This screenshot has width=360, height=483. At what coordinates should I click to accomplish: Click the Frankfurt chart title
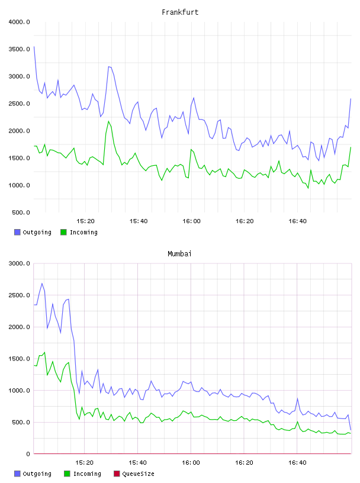tap(180, 12)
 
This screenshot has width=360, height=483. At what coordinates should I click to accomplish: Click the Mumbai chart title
tap(179, 253)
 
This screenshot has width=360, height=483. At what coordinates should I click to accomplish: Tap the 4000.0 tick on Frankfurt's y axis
tap(20, 22)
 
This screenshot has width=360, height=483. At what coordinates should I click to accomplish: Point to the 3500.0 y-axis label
tap(20, 49)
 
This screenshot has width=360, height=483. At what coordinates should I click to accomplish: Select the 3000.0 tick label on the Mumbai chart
tap(20, 263)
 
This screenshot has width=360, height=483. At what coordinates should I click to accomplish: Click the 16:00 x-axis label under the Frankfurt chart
tap(191, 221)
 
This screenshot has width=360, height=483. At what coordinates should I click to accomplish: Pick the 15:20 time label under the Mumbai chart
tap(84, 462)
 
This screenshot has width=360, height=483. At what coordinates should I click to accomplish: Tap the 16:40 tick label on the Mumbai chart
tap(297, 462)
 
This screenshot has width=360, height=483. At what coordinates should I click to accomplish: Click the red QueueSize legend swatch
tap(117, 474)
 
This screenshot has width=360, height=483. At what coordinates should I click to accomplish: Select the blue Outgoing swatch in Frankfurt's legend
tap(17, 232)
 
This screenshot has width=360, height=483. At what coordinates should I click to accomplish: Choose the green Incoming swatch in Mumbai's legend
tap(67, 474)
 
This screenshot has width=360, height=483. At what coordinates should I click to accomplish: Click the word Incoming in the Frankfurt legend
tap(83, 232)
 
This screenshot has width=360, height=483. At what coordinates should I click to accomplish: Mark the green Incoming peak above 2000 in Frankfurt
tap(108, 121)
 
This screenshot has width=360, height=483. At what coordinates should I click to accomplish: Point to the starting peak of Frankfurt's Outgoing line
tap(34, 47)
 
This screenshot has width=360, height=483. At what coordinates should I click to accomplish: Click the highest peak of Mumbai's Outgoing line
tap(42, 284)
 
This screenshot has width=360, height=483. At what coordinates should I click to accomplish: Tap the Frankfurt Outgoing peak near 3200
tap(108, 66)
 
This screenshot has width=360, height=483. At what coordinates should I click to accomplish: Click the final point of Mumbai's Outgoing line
tap(351, 430)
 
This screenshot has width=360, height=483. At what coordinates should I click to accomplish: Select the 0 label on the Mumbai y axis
tap(28, 454)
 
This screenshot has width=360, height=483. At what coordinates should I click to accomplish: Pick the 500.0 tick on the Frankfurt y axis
tap(21, 212)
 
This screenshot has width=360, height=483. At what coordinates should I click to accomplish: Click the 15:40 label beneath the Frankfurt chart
tap(139, 221)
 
